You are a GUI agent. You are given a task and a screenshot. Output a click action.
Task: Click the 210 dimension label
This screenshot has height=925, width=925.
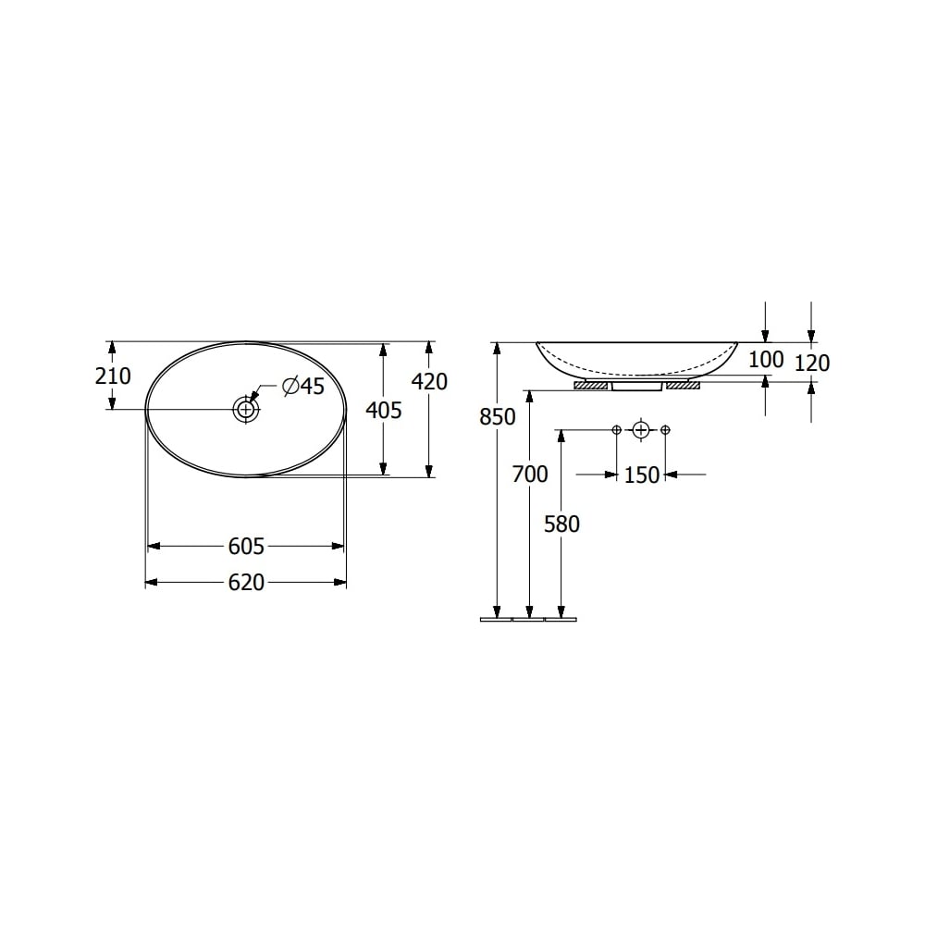[x=113, y=376]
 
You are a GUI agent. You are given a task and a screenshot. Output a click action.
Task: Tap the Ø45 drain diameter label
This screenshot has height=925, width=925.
[x=303, y=386]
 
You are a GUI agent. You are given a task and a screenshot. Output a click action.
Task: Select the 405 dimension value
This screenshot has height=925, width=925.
[x=384, y=410]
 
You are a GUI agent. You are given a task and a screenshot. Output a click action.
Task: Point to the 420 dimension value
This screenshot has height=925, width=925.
[x=429, y=382]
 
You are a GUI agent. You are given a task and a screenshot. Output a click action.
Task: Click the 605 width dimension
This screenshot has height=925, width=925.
[x=246, y=547]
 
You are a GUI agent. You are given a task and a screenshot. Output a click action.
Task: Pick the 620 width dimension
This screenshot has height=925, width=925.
[x=246, y=583]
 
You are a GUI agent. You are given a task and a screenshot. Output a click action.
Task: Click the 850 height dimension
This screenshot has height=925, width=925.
[x=498, y=417]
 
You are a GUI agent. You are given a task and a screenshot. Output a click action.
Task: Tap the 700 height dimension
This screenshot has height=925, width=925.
[x=530, y=475]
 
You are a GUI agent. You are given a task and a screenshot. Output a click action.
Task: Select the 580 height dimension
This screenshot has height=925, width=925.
[x=561, y=524]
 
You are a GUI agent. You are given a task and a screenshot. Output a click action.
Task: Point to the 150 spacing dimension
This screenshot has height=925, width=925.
[x=641, y=475]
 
